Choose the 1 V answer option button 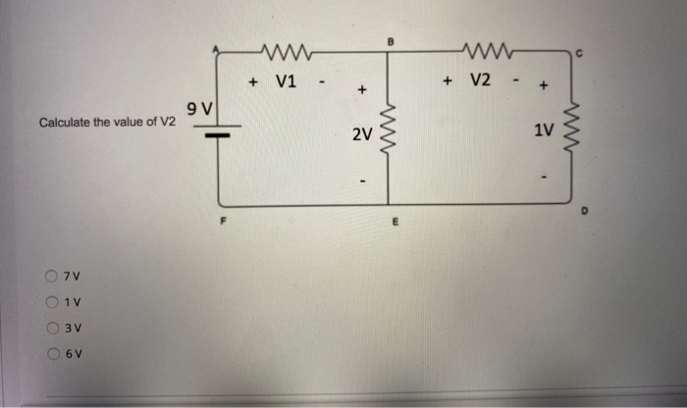[48, 301]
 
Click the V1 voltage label [286, 81]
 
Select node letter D [587, 209]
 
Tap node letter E [394, 222]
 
